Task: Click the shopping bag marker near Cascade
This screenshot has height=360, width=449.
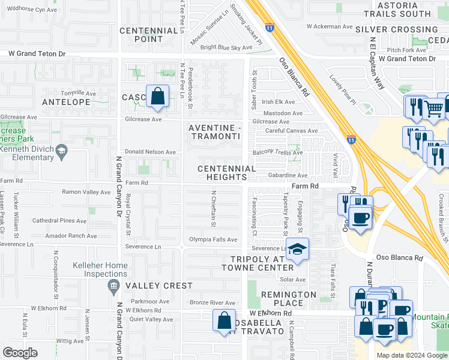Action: click(157, 97)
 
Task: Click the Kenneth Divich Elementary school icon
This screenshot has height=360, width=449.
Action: click(62, 150)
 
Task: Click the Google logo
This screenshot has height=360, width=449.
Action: click(20, 352)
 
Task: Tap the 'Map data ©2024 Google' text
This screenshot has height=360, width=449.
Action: click(411, 355)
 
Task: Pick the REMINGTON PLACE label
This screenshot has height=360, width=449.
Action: click(288, 299)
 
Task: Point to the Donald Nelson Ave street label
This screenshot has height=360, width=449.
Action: click(150, 152)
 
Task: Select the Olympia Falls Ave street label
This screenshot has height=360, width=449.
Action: click(214, 239)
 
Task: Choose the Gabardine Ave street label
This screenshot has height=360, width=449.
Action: click(288, 176)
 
